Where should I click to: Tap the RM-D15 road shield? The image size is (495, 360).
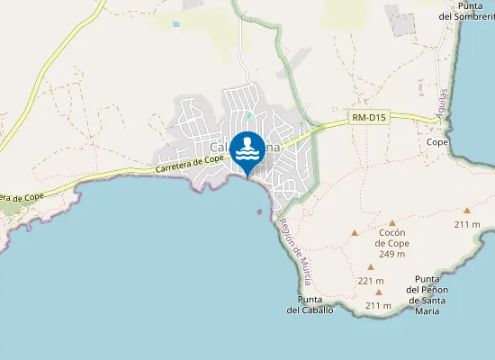(366, 117)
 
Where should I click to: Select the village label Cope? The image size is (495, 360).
(437, 142)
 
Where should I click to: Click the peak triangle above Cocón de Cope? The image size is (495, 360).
(393, 221)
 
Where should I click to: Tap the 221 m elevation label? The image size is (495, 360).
(370, 281)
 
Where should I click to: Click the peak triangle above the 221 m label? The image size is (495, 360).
(370, 267)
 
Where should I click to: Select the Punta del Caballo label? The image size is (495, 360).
(310, 304)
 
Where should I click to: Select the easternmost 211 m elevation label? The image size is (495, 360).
(466, 223)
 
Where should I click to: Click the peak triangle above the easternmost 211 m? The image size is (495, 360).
(467, 210)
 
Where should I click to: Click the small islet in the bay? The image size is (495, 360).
(260, 212)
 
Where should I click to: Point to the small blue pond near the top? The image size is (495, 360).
(175, 24)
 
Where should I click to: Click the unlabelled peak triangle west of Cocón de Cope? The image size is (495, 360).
(355, 233)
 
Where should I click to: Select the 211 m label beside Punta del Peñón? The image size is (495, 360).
(378, 306)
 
